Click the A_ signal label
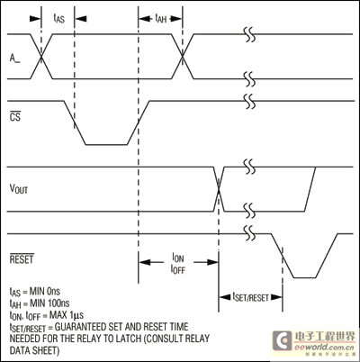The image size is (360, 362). coord(14,59)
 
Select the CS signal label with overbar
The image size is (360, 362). coord(15,116)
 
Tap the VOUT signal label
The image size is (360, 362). coord(19,189)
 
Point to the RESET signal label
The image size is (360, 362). coord(22,258)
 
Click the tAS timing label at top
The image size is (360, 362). coord(58,19)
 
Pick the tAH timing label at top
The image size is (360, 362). coord(160,19)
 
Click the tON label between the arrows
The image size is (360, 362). coord(178,258)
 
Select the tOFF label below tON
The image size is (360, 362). coord(178,269)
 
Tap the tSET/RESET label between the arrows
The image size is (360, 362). coord(251,297)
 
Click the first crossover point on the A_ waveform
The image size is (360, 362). coord(41,57)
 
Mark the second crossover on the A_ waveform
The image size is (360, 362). coord(182,57)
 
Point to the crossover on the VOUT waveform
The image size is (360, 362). coord(219,189)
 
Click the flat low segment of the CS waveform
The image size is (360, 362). coord(106,145)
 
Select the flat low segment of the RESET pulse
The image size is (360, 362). coord(304,277)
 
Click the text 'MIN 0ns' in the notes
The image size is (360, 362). coord(45,291)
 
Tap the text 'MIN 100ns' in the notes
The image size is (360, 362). coord(49,303)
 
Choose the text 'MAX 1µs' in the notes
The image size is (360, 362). coord(67,315)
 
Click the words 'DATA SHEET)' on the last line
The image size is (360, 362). coord(34,350)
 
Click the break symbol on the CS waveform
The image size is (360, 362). coord(250,101)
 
